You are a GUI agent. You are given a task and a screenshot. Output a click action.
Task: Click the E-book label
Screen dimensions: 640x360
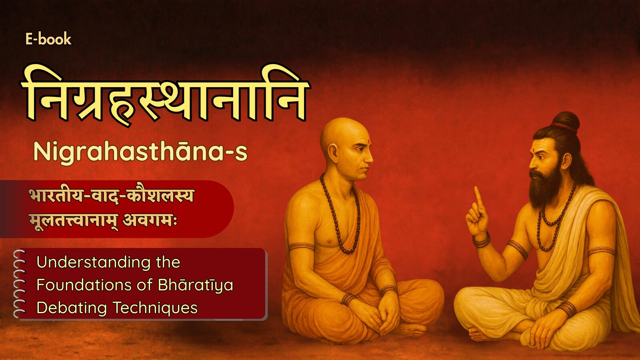[48, 39]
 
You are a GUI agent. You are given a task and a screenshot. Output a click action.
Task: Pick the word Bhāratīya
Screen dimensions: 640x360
[196, 285]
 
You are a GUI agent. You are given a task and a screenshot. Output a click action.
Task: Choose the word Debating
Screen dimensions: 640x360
[72, 308]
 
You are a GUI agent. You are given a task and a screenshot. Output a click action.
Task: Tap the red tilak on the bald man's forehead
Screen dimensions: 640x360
[369, 141]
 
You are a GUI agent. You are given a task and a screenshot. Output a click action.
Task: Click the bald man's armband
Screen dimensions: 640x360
[301, 247]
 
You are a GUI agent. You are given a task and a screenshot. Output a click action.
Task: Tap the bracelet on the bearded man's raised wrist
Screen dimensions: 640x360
[482, 240]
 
